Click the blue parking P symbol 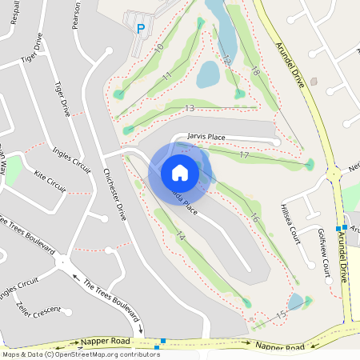click(x=141, y=29)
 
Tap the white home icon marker click(x=180, y=172)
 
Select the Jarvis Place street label click(x=206, y=137)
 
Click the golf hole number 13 click(x=190, y=107)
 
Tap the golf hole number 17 click(x=244, y=154)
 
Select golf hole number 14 click(x=181, y=236)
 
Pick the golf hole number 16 click(x=254, y=217)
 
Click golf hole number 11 click(x=167, y=75)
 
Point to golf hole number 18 click(x=256, y=73)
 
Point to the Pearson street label click(x=76, y=14)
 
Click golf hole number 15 click(x=281, y=316)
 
